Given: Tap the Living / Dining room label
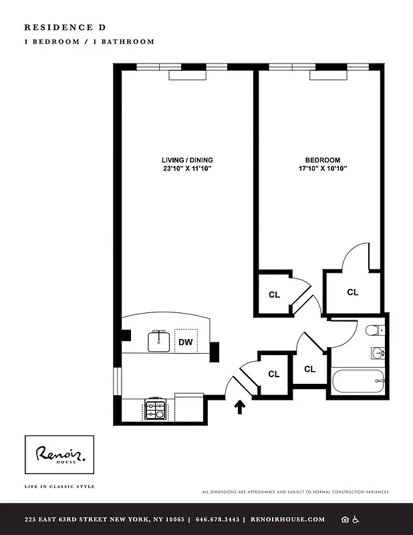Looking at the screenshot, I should (187, 160).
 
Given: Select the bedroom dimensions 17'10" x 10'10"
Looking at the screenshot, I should (323, 169).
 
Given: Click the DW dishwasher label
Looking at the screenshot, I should (186, 342).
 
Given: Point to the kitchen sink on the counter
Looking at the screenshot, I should (160, 340).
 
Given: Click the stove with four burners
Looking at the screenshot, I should (155, 409).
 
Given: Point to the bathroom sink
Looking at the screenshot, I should (376, 353).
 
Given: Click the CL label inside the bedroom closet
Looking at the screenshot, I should (352, 292).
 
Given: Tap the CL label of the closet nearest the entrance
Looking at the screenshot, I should (274, 374).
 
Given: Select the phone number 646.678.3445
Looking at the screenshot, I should (216, 520).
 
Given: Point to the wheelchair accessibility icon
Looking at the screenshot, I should (356, 520).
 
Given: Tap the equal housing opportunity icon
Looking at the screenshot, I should (345, 520).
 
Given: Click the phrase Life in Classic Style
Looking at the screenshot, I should (59, 486).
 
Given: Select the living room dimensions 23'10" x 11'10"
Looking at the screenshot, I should (187, 169).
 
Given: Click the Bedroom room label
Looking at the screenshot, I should (323, 160).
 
